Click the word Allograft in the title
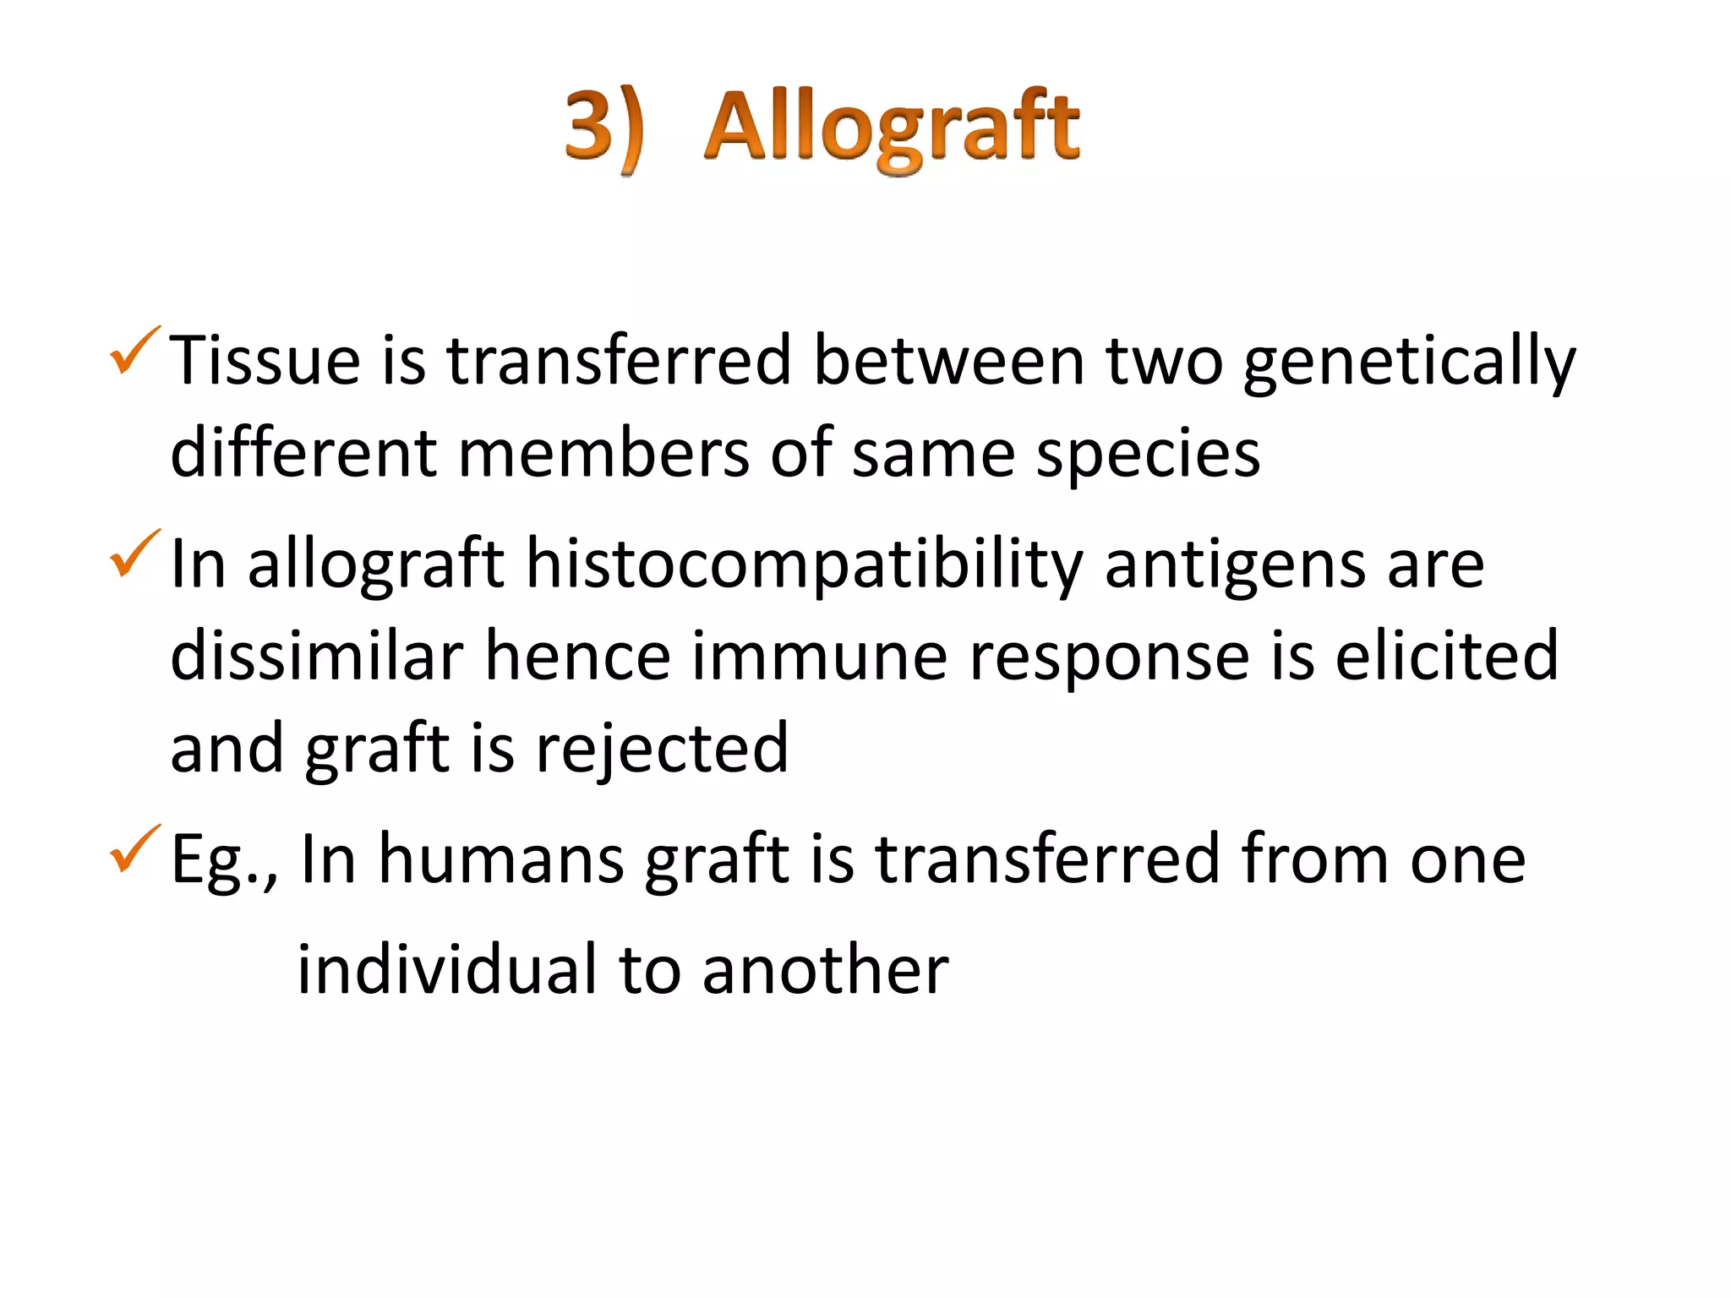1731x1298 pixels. coord(892,128)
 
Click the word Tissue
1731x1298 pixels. coord(265,361)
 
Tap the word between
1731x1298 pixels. coord(948,361)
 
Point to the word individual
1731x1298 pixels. coord(447,969)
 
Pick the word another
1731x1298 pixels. coord(825,969)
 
